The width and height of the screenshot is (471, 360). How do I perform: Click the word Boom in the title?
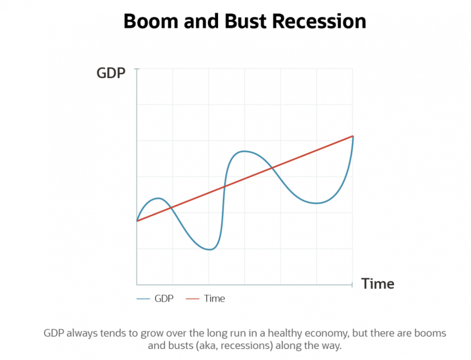coord(151,21)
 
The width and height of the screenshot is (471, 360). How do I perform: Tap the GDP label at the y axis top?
coord(111,73)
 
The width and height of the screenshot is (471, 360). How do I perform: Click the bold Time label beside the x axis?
coord(378,284)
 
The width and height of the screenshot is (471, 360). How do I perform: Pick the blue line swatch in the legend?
coord(144,299)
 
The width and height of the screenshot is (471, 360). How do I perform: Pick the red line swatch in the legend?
coord(193,299)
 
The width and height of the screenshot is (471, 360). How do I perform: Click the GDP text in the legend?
coord(164,298)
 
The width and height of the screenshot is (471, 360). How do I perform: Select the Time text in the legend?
coord(214,298)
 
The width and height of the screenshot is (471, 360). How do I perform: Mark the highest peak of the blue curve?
coord(243,151)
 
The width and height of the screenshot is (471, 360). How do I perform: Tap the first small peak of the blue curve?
coord(158,198)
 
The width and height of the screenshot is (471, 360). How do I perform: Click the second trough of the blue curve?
coord(316,203)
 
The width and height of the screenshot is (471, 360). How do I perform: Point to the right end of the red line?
coord(353,136)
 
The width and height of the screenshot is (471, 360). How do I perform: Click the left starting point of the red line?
coord(137,221)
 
